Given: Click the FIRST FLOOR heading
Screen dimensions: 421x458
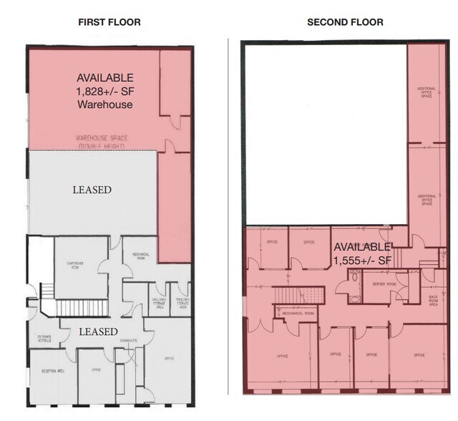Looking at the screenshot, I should tap(109, 22).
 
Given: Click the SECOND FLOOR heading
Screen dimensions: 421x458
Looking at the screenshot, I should tap(345, 22).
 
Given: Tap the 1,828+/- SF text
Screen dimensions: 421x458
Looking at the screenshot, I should tap(105, 91).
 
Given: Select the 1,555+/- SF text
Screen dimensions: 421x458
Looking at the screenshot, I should tap(361, 259).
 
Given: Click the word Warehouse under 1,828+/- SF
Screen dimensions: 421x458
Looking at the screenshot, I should tap(105, 105).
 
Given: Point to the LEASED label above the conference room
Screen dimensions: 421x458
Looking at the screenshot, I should tap(92, 190).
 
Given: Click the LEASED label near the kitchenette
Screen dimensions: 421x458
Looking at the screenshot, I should tap(98, 332).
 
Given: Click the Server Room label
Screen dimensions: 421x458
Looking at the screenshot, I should tap(374, 284).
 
